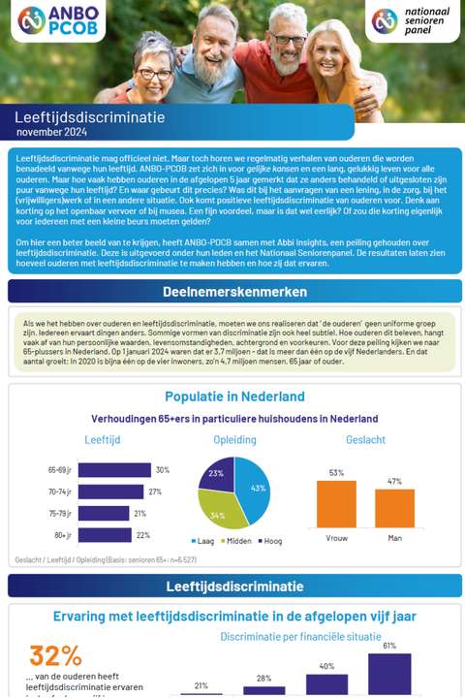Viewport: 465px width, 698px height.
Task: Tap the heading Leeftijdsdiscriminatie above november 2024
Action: point(89,117)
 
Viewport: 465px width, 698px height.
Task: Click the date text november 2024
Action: point(51,132)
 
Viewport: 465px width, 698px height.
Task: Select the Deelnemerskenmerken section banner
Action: point(232,290)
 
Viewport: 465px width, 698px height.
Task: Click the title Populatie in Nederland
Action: point(234,397)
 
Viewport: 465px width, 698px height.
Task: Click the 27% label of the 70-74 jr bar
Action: point(155,492)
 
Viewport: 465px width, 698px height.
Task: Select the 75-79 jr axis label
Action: point(61,514)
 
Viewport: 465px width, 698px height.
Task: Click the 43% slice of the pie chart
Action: point(253,487)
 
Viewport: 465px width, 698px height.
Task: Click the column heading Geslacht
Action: point(365,439)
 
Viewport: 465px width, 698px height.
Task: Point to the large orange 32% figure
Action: point(55,655)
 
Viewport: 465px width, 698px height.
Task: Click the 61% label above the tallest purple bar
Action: point(389,646)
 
